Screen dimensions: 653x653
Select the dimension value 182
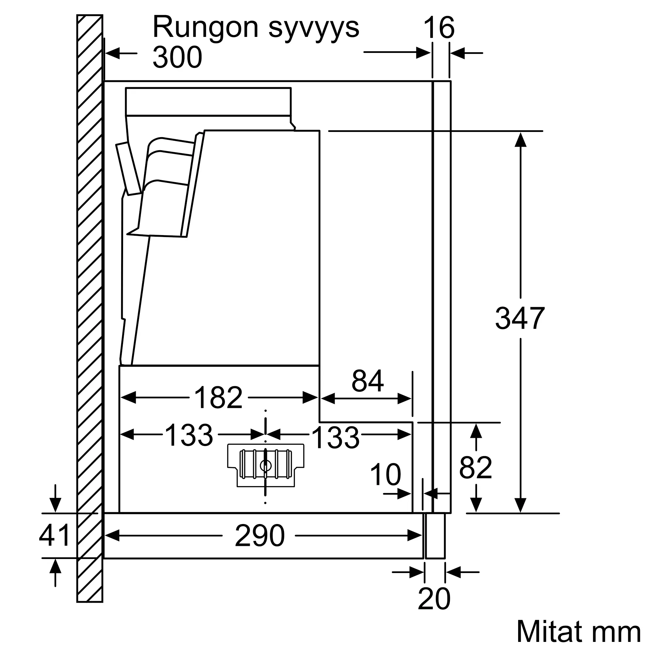218,397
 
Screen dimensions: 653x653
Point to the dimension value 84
367,381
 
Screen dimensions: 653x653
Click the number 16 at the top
439,27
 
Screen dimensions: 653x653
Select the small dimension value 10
385,475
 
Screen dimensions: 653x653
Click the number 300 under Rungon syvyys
177,57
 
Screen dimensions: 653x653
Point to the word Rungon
205,27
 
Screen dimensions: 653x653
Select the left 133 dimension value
189,435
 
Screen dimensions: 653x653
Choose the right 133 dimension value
335,438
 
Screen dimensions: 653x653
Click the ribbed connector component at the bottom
266,465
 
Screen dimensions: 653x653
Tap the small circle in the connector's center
266,466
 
